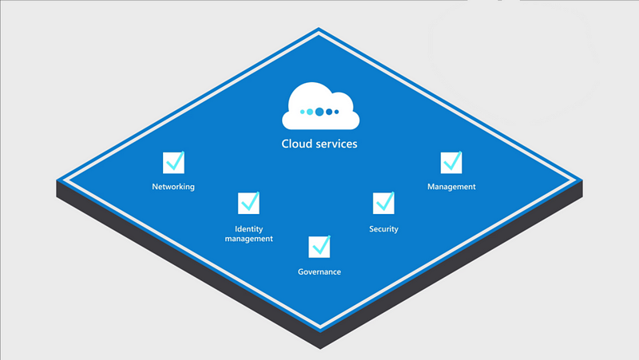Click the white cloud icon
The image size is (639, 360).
pos(320,107)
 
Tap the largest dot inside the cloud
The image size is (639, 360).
pos(319,112)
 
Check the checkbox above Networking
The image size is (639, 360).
pos(173,163)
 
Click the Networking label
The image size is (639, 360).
pos(173,187)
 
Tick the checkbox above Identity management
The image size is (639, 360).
pos(248,203)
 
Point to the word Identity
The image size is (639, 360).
pos(248,229)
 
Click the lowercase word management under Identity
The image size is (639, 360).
pos(248,239)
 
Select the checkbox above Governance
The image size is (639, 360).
pos(319,247)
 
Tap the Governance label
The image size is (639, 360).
pos(319,271)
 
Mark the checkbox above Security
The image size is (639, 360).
pos(383,203)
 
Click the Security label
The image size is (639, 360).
pos(383,229)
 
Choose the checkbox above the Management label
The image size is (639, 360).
pos(451,163)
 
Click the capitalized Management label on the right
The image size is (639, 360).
pos(451,187)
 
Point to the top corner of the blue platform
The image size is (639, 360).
pos(319,28)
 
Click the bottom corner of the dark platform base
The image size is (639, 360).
pos(320,349)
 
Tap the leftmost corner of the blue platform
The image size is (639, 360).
pos(57,180)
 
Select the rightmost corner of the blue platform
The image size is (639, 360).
pos(582,180)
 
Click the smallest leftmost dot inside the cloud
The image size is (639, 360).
pos(303,112)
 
